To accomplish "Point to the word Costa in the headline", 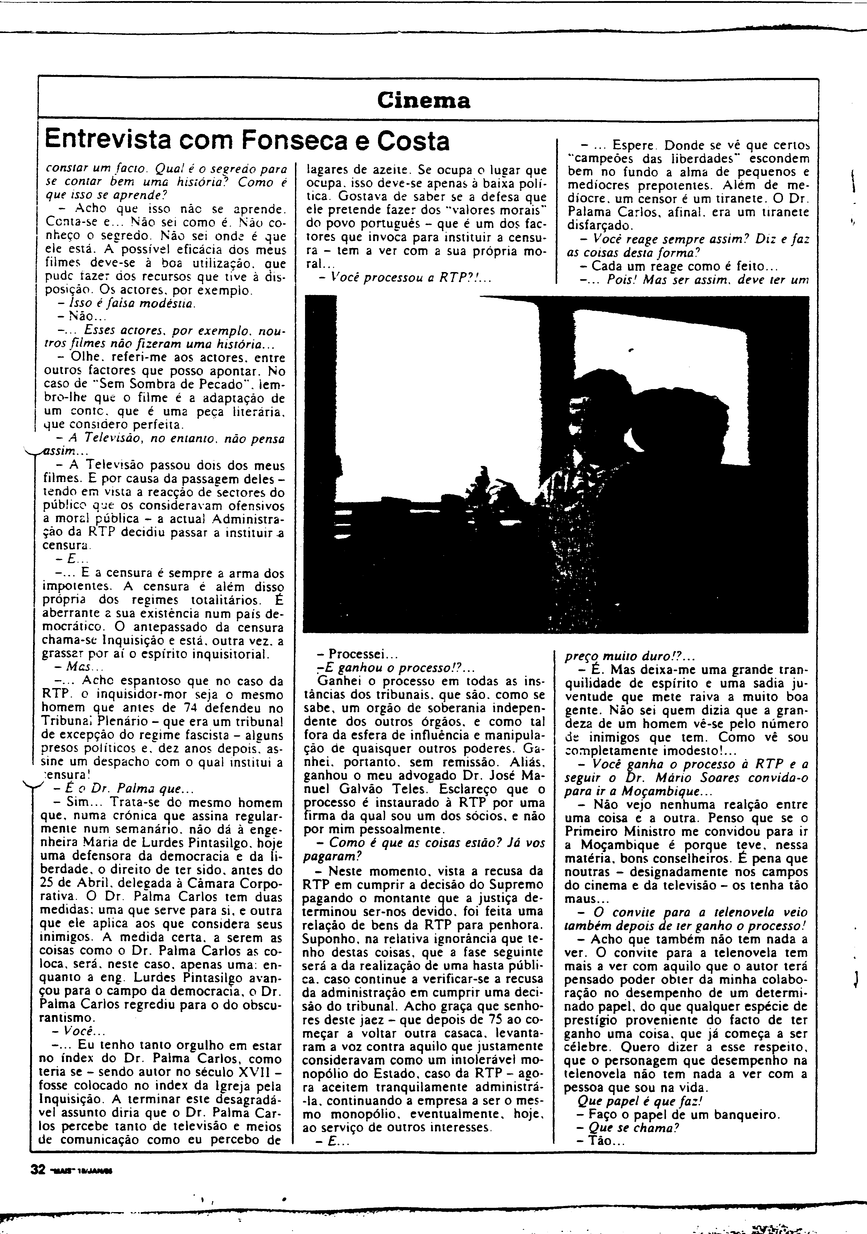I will pyautogui.click(x=413, y=141).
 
